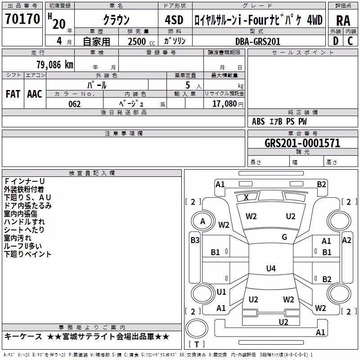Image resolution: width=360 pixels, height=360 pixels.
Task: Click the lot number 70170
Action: [x=22, y=19]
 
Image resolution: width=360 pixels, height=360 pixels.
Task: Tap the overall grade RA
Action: [x=343, y=21]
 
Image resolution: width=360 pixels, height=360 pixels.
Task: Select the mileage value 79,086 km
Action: [x=55, y=65]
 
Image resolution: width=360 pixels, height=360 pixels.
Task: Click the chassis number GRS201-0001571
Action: [x=302, y=143]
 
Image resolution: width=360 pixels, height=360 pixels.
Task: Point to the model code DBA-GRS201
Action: [x=258, y=41]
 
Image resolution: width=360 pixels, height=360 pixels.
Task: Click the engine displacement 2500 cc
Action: [x=141, y=41]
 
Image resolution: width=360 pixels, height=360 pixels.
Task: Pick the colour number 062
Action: [x=75, y=104]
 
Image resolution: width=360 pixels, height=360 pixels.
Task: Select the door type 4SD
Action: [x=174, y=20]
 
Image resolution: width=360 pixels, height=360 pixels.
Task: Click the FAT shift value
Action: [x=13, y=94]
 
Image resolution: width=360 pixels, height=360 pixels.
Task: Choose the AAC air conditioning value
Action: [x=35, y=94]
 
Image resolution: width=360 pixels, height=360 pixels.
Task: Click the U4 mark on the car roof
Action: [x=271, y=268]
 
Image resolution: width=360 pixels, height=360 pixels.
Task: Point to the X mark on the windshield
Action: [x=246, y=198]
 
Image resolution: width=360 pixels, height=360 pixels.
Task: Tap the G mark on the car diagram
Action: [x=284, y=237]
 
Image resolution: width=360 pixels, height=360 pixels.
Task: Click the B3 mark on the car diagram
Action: [x=195, y=240]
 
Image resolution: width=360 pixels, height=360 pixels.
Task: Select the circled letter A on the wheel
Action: [x=202, y=221]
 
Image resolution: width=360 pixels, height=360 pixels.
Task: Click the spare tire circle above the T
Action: [x=197, y=328]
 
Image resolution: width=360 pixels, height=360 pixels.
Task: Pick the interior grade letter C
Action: [x=350, y=41]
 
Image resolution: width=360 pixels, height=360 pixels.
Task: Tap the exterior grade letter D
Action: [x=336, y=41]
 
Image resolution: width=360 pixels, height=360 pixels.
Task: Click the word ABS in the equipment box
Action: [x=258, y=121]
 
